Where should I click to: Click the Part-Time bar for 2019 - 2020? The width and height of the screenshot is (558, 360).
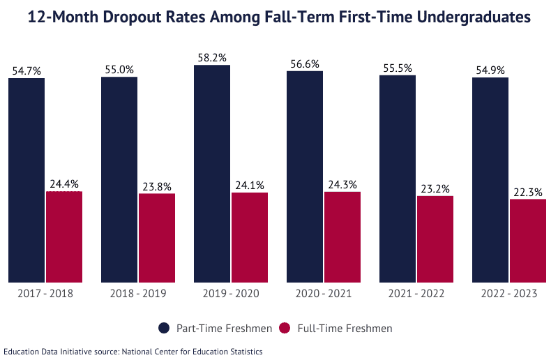coord(212,174)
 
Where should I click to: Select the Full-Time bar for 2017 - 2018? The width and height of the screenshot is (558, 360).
coord(64,237)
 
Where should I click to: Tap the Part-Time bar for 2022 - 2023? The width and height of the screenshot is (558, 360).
coord(490,180)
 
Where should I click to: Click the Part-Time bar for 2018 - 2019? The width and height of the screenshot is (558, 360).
coord(119,179)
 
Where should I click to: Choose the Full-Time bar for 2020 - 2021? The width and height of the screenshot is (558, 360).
coord(342,237)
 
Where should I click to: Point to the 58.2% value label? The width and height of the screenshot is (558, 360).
coord(212,58)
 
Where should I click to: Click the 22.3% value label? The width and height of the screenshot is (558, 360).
coord(527,192)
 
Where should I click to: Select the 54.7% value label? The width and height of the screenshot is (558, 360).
coord(27,70)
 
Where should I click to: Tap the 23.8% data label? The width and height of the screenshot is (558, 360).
coord(157,186)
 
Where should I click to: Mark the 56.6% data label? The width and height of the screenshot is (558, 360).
coord(305,63)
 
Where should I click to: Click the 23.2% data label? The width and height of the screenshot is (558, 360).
coord(435,188)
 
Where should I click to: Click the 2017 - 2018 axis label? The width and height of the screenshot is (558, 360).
coord(45,294)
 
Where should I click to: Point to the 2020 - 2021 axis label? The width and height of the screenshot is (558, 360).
coord(324,294)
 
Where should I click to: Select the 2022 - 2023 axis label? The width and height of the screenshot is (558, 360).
coord(509,294)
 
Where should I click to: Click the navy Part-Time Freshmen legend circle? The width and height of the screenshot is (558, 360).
coord(164,328)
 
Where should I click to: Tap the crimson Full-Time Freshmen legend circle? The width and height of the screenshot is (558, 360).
coord(284,328)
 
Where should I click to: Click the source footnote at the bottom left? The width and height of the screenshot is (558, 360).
coord(133,352)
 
